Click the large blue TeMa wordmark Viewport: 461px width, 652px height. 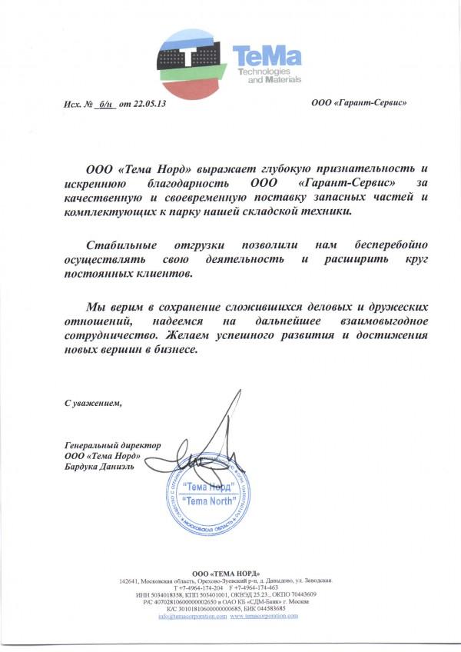coord(268,57)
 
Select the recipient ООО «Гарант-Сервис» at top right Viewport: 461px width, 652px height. coord(359,102)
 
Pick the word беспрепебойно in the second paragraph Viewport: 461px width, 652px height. coord(383,244)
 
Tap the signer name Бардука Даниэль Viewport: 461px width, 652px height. coord(101,466)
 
